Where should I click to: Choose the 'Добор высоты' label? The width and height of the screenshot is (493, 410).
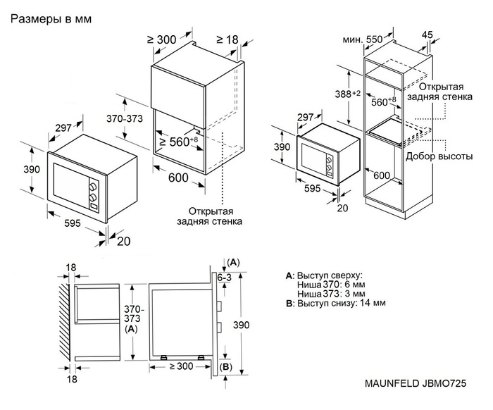(x=439, y=156)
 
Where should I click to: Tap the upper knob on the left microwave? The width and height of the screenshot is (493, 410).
(x=92, y=186)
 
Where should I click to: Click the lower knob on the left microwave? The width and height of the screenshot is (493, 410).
(x=92, y=199)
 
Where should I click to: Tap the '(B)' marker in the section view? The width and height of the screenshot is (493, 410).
(x=226, y=368)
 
